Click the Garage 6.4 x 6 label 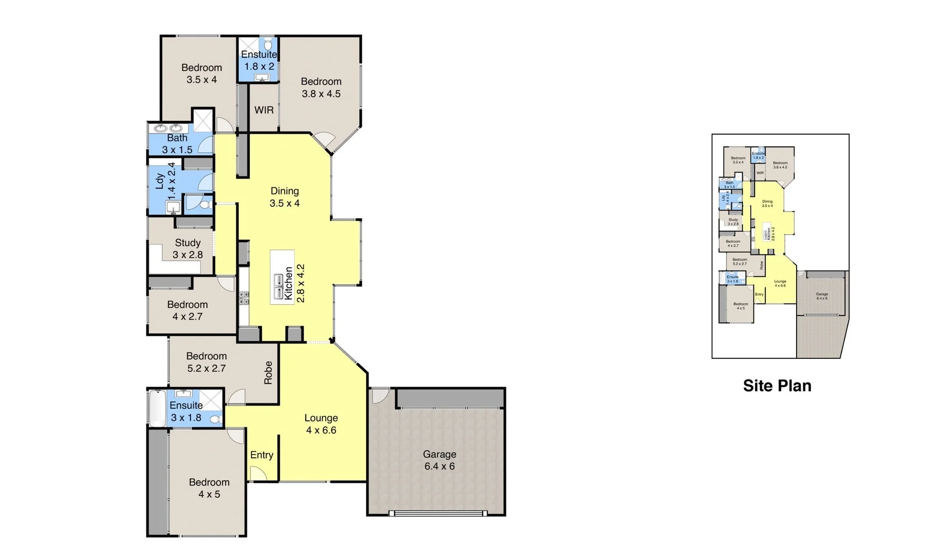[439, 460]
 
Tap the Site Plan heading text [777, 386]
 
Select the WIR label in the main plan [264, 110]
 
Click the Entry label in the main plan [262, 455]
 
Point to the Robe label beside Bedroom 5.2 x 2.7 [268, 372]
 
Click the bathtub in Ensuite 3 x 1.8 [156, 408]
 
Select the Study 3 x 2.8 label [187, 249]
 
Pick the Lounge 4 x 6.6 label [321, 424]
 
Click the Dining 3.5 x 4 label [285, 197]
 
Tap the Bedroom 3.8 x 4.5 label [321, 88]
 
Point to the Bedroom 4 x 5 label [209, 488]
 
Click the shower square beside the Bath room [203, 121]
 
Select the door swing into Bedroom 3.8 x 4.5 [324, 138]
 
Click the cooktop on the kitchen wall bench [244, 297]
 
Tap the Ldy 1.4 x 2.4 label [165, 181]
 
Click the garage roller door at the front [437, 513]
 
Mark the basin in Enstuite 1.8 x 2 [262, 77]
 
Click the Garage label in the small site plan [822, 296]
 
